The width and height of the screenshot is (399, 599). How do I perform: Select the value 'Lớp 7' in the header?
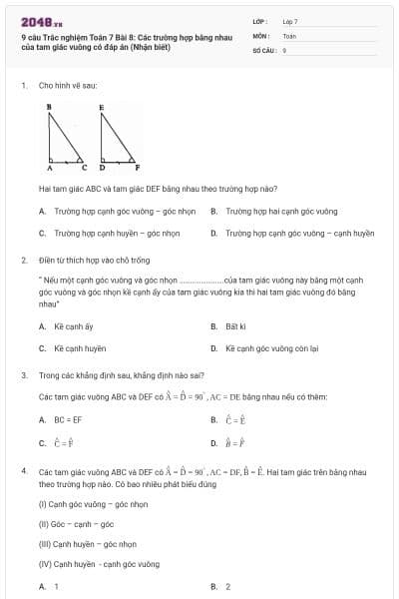290,21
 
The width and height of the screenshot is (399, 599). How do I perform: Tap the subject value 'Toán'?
289,35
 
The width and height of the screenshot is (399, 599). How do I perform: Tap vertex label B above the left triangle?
49,104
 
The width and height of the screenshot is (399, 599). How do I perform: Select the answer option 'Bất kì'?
235,326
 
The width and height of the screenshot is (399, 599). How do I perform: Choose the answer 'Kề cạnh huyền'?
80,348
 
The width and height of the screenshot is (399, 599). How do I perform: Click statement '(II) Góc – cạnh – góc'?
76,524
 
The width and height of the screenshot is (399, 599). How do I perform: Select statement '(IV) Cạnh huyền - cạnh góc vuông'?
99,564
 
